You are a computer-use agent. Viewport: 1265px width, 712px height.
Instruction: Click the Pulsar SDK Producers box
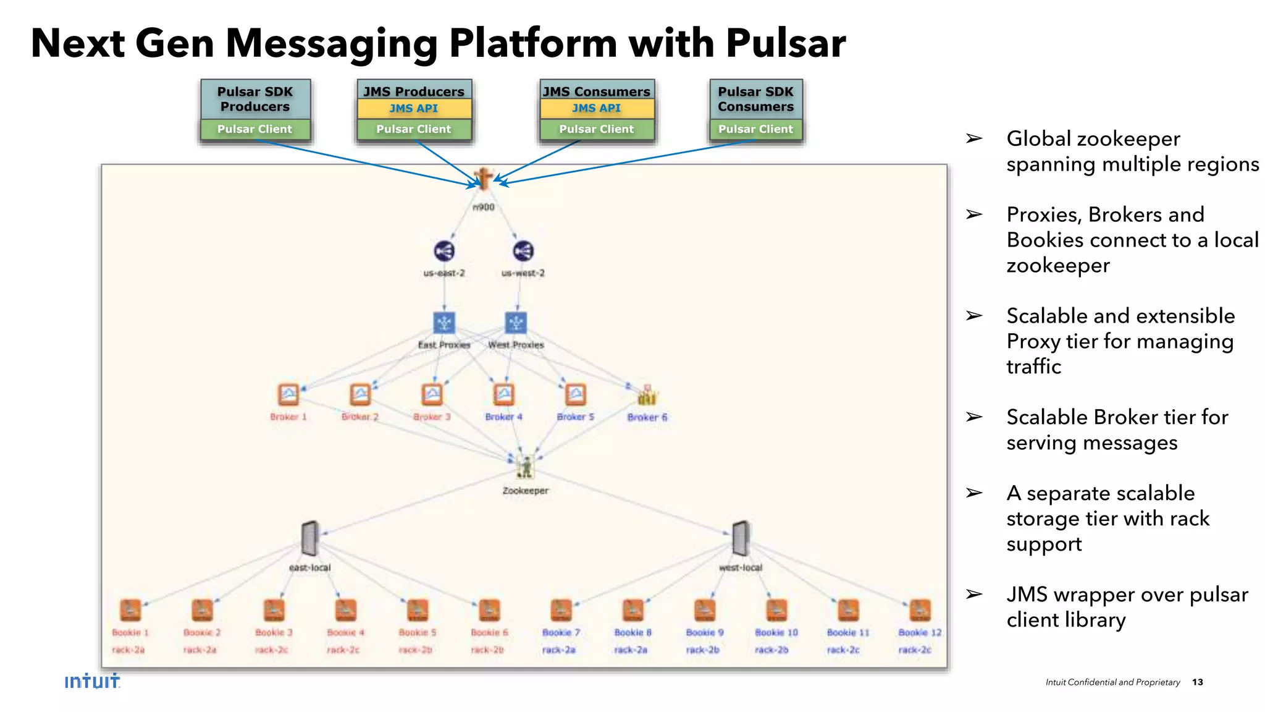[254, 99]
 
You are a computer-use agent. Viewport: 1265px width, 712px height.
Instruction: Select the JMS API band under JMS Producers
[413, 108]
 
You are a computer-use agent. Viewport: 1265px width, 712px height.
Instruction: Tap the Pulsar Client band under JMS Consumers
[596, 129]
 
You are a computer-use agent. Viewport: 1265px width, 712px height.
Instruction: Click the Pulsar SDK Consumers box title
[755, 99]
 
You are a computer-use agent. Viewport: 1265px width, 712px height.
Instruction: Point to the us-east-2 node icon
[444, 251]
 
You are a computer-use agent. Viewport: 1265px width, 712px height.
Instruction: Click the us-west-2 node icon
[523, 251]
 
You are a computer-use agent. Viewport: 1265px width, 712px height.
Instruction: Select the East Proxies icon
[444, 323]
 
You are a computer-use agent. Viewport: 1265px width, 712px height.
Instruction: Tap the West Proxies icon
[516, 323]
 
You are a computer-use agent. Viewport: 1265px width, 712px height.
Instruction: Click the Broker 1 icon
[288, 394]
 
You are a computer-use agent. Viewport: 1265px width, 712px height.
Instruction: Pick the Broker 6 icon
[647, 395]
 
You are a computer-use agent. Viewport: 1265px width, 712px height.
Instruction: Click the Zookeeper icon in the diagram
[525, 467]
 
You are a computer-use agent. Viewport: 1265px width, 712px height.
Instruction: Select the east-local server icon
[309, 538]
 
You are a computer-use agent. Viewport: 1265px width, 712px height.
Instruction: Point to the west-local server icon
[740, 538]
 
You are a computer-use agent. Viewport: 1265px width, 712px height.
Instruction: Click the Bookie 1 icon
[130, 610]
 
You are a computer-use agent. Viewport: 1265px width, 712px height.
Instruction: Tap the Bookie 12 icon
[920, 610]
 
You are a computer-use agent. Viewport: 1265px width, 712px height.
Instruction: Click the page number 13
[1198, 682]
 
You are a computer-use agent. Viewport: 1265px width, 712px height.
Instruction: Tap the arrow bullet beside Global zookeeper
[974, 138]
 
